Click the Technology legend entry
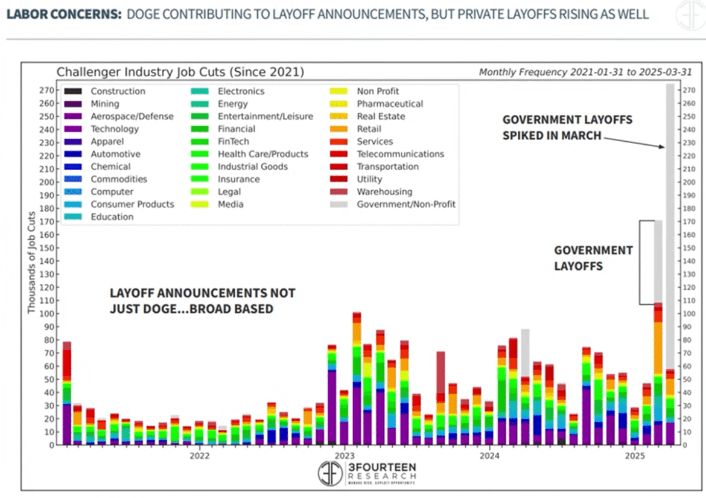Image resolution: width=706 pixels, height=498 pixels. [x=114, y=129]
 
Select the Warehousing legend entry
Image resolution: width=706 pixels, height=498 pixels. [x=384, y=191]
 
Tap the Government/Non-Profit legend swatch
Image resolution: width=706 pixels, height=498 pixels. [x=339, y=204]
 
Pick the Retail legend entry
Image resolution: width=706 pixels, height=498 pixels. [x=369, y=129]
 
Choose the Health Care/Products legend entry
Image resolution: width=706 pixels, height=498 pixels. [x=262, y=154]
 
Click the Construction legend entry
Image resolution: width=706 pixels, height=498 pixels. [x=118, y=91]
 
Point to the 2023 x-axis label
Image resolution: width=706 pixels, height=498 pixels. [x=345, y=456]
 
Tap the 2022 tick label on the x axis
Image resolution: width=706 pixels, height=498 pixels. [x=199, y=456]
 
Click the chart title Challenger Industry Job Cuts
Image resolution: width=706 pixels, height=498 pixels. [x=180, y=72]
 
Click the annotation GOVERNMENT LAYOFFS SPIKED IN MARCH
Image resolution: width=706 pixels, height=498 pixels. [x=567, y=127]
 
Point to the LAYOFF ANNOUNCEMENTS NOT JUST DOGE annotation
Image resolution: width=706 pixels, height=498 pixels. [x=202, y=301]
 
